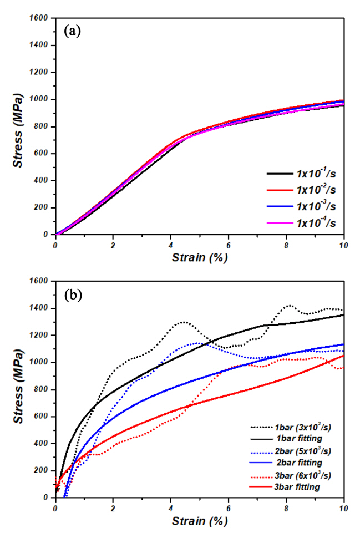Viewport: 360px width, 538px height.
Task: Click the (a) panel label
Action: pyautogui.click(x=73, y=31)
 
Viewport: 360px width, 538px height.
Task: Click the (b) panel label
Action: pyautogui.click(x=73, y=295)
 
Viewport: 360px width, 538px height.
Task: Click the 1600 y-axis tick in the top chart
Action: pyautogui.click(x=40, y=18)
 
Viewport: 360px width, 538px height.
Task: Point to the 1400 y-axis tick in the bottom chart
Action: pyautogui.click(x=40, y=308)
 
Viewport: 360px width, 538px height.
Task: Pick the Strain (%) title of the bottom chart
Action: pyautogui.click(x=200, y=521)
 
